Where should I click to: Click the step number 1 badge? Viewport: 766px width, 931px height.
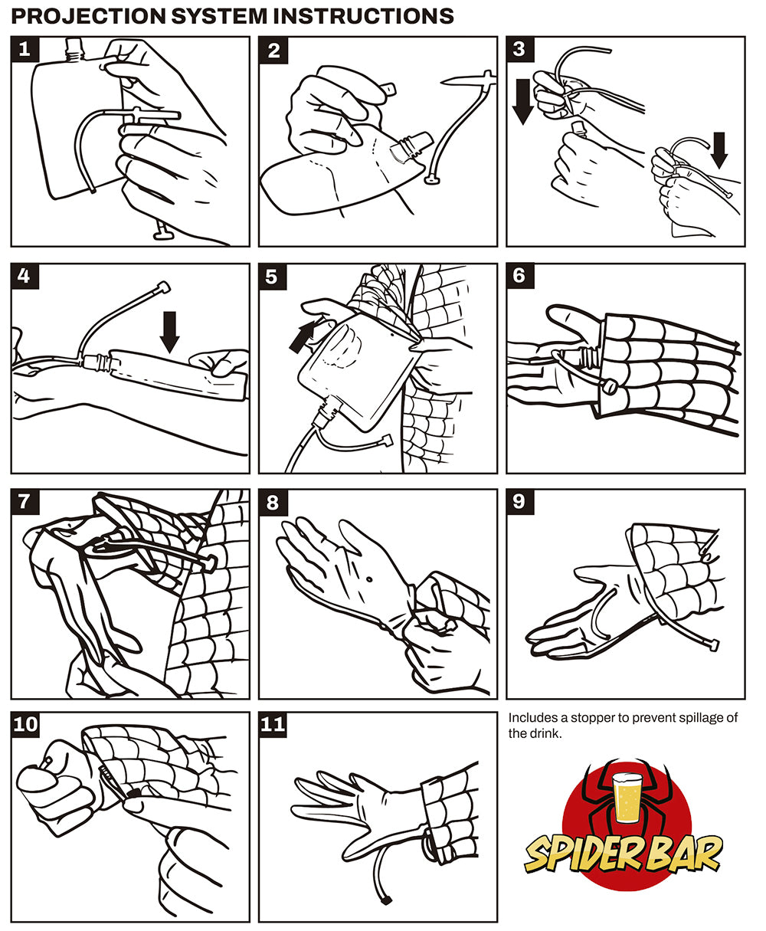tap(25, 50)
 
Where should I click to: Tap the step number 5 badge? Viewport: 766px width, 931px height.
tap(272, 277)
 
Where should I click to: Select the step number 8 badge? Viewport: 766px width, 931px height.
tap(273, 502)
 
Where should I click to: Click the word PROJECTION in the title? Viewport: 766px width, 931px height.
tap(88, 16)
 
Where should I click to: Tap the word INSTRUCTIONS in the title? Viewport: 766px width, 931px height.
tap(364, 16)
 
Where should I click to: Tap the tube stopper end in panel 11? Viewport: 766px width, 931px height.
tap(386, 900)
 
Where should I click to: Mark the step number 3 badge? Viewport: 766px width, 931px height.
tap(520, 50)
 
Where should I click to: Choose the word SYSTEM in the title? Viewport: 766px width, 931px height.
tap(219, 16)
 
